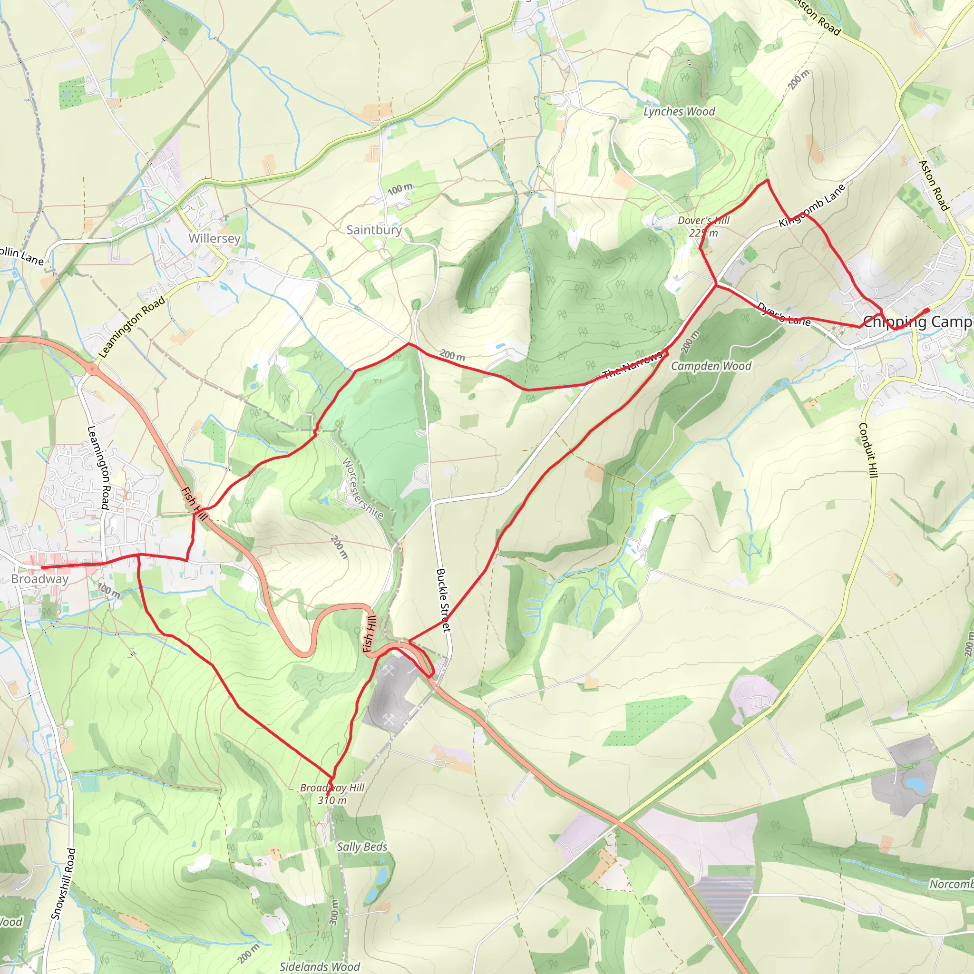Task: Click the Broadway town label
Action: (x=40, y=579)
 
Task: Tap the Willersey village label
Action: (x=214, y=238)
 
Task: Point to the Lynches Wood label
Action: (x=679, y=112)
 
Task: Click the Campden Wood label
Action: (x=711, y=366)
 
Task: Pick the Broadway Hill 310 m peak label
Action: (x=332, y=794)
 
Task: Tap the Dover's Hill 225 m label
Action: (x=703, y=226)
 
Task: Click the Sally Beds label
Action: (x=362, y=847)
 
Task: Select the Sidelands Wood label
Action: (x=320, y=966)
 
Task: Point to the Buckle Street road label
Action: (x=443, y=600)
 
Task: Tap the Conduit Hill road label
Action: (x=868, y=450)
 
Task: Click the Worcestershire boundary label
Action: (x=363, y=488)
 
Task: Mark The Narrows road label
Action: (x=632, y=365)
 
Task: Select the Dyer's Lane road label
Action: (x=783, y=314)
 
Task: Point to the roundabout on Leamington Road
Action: (x=93, y=369)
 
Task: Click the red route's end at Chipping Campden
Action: (x=926, y=310)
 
